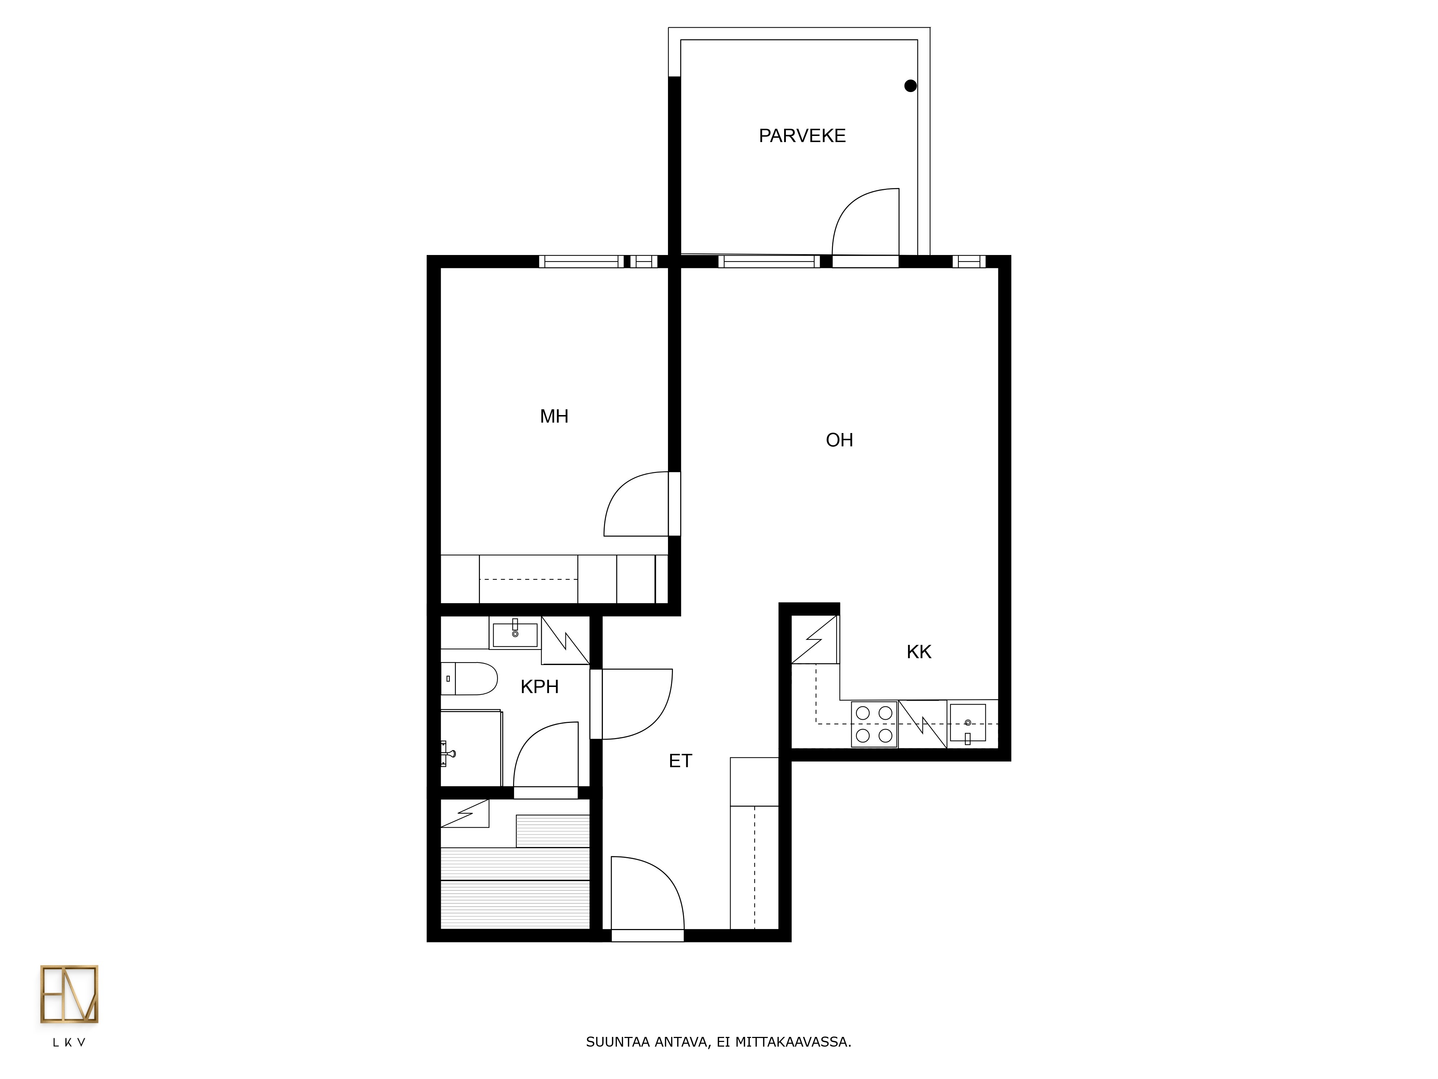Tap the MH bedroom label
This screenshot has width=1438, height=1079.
pos(554,416)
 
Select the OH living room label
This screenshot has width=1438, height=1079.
pos(839,440)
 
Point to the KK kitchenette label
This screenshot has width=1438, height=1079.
pos(919,652)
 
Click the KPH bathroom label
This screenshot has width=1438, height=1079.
pos(540,687)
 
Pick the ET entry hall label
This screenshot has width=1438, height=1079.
pos(681,761)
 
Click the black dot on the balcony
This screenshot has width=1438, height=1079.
pos(911,86)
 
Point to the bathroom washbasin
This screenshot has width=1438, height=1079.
pos(515,633)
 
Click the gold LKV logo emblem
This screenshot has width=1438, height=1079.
pos(69,994)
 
